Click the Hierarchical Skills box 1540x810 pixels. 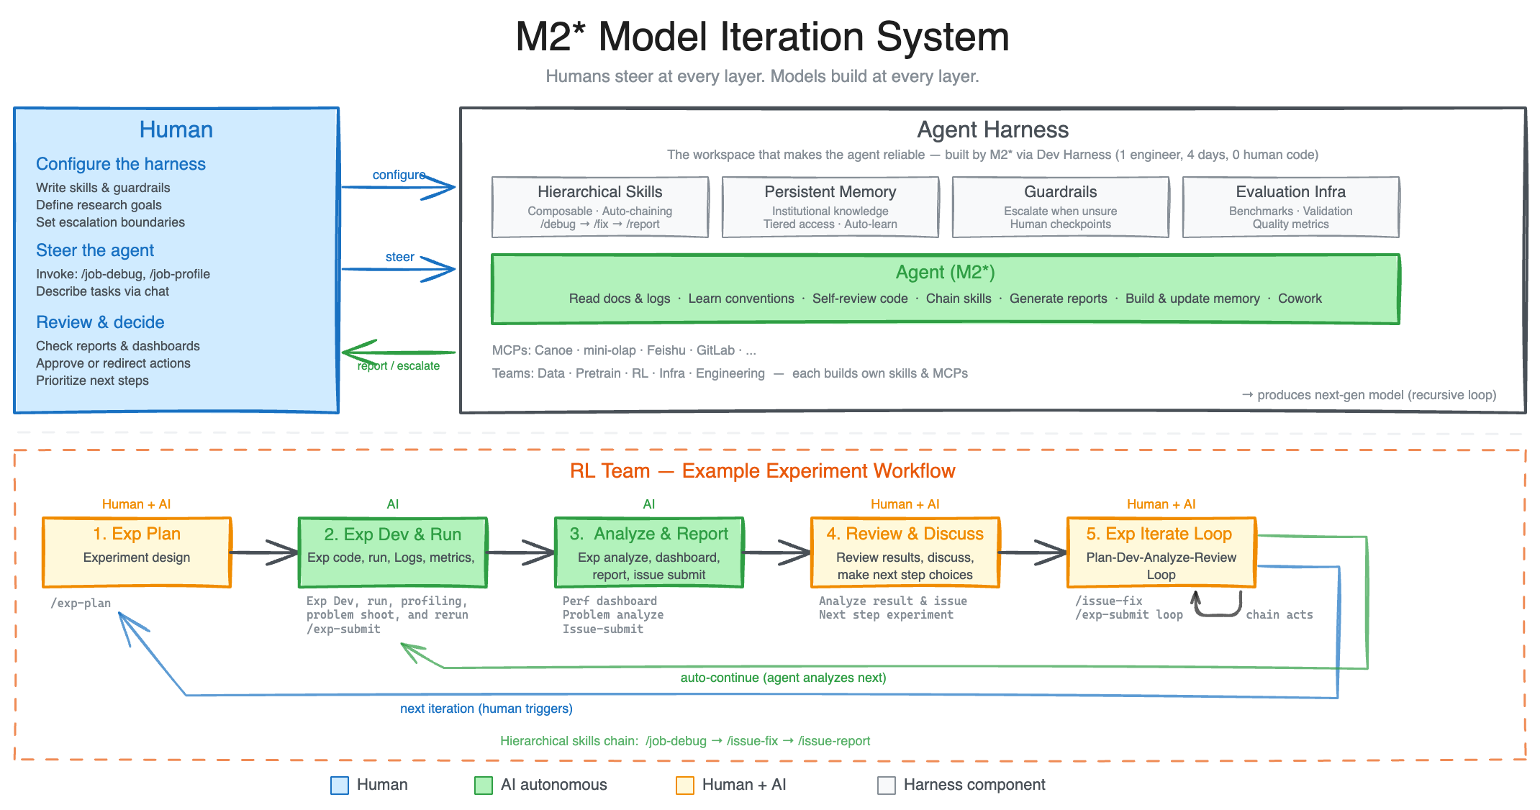pos(599,207)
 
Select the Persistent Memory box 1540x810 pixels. pos(830,207)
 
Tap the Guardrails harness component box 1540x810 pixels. pos(1060,207)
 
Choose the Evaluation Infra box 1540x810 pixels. pos(1290,207)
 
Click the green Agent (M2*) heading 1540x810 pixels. pos(945,273)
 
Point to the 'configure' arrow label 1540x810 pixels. pos(399,175)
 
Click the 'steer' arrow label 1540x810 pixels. pos(399,257)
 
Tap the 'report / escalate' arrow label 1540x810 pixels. pos(399,365)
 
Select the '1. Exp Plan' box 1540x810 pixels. pos(137,552)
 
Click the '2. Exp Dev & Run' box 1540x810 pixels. pos(392,552)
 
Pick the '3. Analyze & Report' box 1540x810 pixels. pos(648,552)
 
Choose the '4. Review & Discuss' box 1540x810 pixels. pos(905,552)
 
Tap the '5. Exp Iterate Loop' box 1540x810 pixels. pos(1161,552)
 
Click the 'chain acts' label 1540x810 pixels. pos(1279,615)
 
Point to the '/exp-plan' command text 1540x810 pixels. pos(81,603)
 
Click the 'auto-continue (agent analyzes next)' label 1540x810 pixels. pos(783,678)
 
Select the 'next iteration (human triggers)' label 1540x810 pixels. pos(486,709)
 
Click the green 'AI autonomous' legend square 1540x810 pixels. pos(483,785)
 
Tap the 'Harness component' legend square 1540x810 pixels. pos(886,785)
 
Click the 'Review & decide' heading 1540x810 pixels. pos(100,322)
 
